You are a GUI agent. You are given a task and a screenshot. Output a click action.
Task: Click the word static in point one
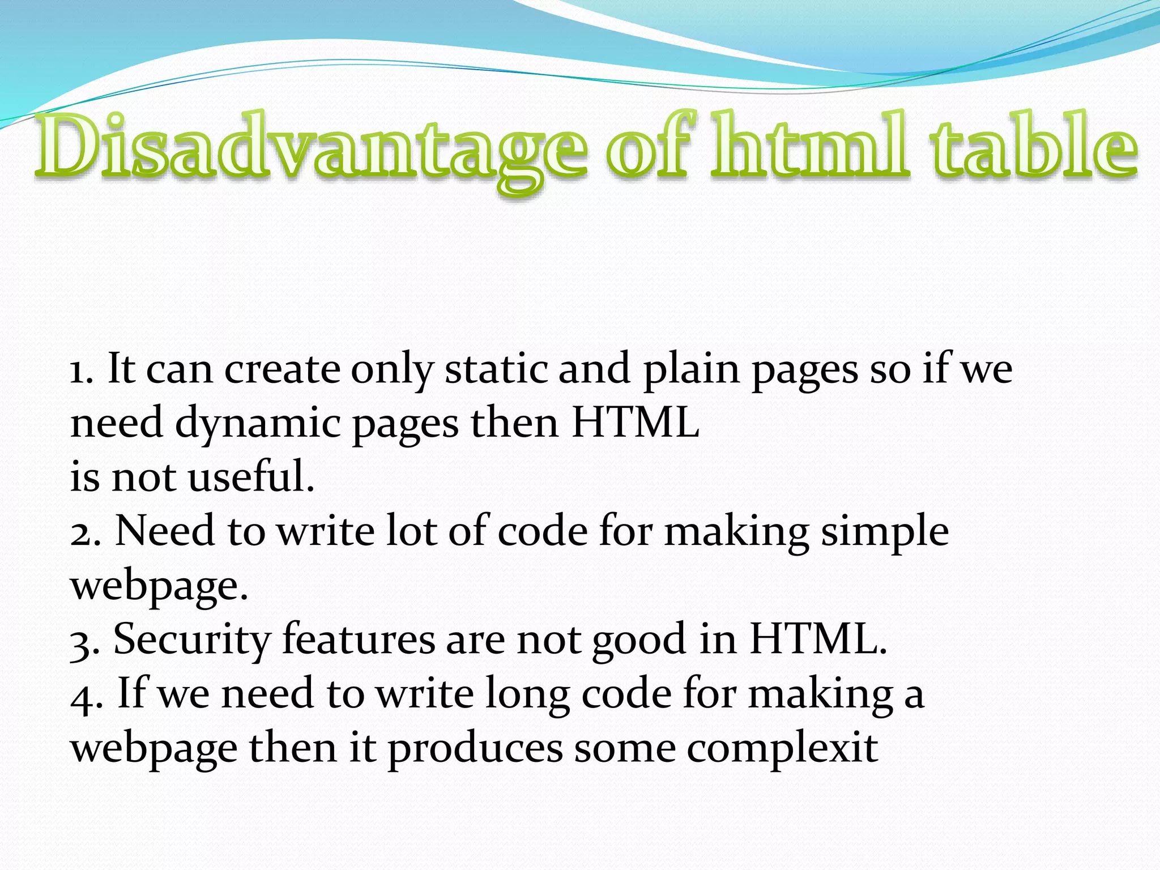496,369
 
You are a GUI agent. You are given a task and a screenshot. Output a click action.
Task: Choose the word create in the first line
282,370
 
